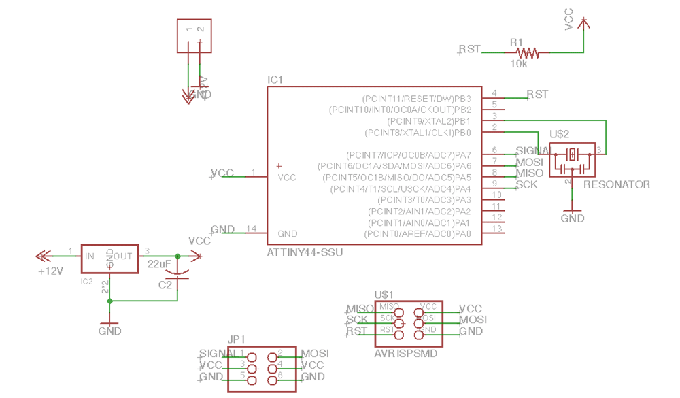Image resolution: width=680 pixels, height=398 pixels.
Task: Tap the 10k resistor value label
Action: click(x=519, y=64)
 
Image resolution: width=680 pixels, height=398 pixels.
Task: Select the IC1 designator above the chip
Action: click(x=275, y=80)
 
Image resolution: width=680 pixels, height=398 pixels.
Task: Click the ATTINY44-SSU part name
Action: click(x=305, y=252)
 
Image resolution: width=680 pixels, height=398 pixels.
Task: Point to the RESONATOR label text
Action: click(x=617, y=184)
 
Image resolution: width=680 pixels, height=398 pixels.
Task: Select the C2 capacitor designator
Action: click(x=165, y=285)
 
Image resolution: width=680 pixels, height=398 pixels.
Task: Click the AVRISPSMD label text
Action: click(x=406, y=354)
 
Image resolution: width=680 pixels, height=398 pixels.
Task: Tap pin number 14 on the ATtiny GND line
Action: click(x=252, y=229)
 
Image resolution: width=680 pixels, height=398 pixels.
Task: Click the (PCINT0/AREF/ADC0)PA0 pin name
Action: click(x=418, y=234)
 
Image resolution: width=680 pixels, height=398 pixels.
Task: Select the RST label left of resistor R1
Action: click(x=469, y=49)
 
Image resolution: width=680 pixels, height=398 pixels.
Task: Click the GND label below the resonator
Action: click(x=573, y=218)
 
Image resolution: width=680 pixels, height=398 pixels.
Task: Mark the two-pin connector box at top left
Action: click(x=194, y=36)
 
